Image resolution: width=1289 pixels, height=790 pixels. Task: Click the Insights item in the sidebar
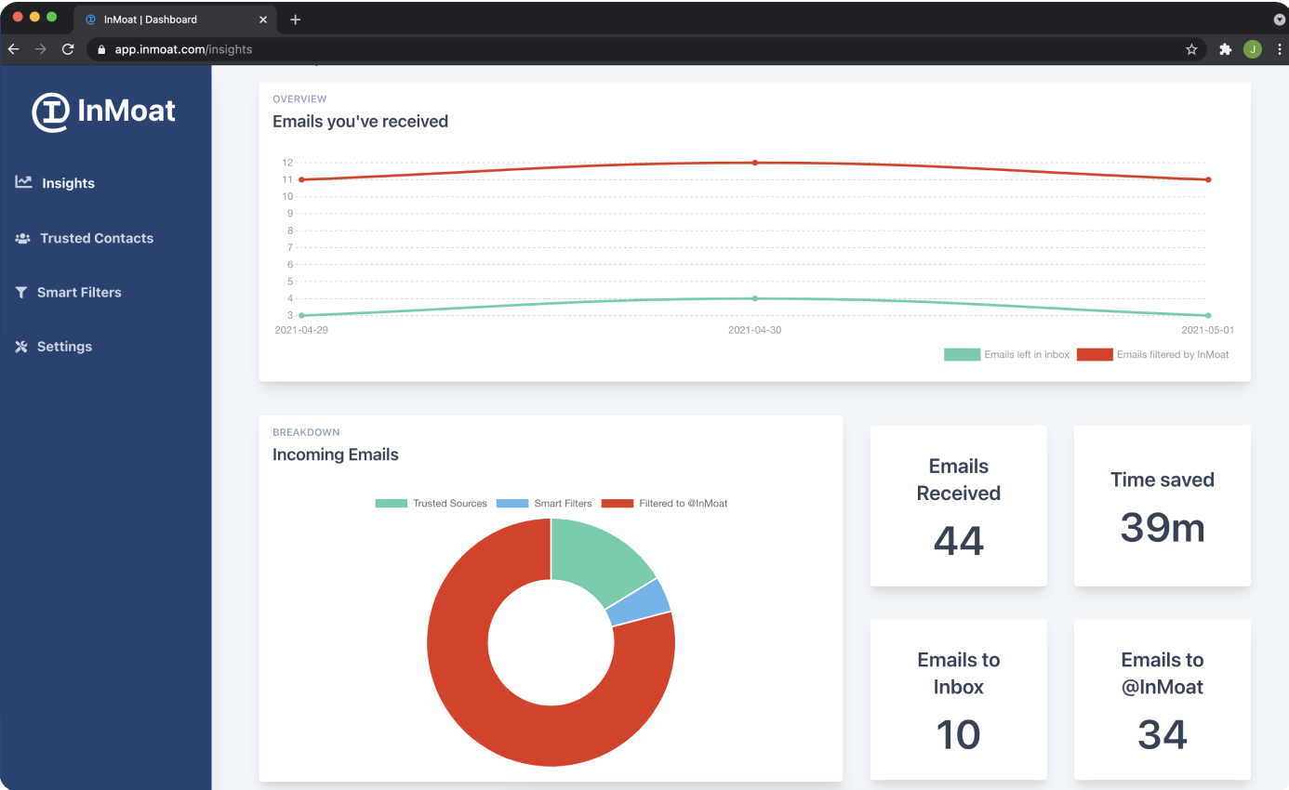(x=67, y=183)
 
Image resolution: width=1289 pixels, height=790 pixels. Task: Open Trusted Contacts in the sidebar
(x=96, y=238)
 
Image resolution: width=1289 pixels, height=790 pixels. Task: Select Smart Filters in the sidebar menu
(x=78, y=292)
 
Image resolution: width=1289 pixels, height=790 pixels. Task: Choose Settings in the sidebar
(x=64, y=347)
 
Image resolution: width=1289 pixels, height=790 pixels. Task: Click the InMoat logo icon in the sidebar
(x=50, y=112)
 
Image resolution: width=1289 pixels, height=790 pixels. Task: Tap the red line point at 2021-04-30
(x=754, y=163)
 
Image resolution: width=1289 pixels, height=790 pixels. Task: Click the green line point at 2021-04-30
(x=754, y=298)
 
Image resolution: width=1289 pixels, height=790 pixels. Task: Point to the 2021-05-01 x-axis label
(x=1207, y=330)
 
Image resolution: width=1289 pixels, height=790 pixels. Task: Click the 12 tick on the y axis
(x=287, y=163)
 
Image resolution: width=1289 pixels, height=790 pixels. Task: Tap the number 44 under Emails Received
(x=958, y=540)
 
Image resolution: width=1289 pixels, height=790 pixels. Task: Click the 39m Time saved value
(x=1162, y=527)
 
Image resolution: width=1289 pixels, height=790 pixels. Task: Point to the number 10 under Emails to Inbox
(x=958, y=734)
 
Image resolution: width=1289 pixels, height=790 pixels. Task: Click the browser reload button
(x=67, y=49)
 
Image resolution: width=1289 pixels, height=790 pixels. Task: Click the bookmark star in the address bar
(x=1191, y=49)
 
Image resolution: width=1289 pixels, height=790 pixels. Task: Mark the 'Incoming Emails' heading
(x=335, y=454)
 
